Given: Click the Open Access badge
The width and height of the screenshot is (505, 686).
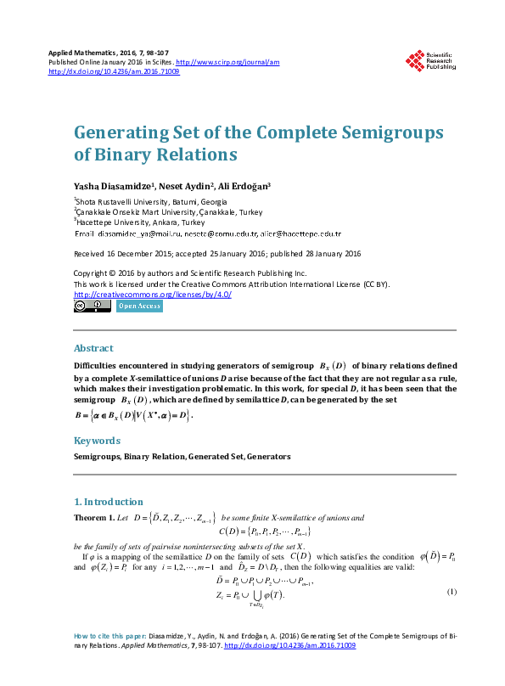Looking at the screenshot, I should [x=138, y=306].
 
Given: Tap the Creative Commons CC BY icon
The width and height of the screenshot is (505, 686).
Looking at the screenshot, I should [x=93, y=306].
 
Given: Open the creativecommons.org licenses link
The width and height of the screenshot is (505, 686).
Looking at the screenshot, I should [x=153, y=294].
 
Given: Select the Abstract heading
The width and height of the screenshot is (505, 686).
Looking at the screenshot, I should [x=93, y=348].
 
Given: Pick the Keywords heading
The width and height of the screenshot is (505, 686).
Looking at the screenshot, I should [x=96, y=441].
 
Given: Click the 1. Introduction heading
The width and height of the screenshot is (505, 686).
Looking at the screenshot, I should [x=109, y=502].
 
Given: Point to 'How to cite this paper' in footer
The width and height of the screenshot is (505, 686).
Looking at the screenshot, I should [x=108, y=659].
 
